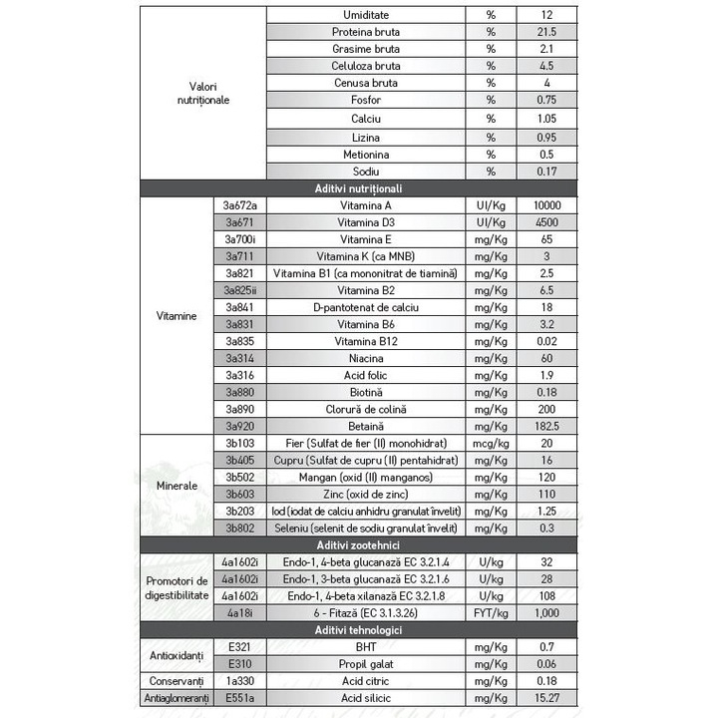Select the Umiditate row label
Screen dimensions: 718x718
[x=367, y=15]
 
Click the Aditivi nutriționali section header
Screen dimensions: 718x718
[x=359, y=188]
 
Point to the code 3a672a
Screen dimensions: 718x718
[x=241, y=205]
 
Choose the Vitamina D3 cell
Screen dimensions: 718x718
[x=367, y=222]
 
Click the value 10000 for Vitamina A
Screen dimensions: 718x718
[x=547, y=205]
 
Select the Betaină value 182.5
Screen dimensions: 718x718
[x=547, y=426]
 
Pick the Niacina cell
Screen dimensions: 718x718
[x=367, y=357]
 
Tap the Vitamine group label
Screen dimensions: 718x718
[x=177, y=315]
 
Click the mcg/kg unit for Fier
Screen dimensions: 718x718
[x=491, y=443]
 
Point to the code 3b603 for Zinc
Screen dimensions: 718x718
[x=241, y=494]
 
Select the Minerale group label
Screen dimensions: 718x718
[x=177, y=485]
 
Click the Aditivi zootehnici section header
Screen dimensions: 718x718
[x=359, y=544]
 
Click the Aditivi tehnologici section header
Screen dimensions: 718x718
[x=359, y=630]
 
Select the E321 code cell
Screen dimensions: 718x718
[x=241, y=647]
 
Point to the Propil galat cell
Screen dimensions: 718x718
[x=367, y=664]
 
